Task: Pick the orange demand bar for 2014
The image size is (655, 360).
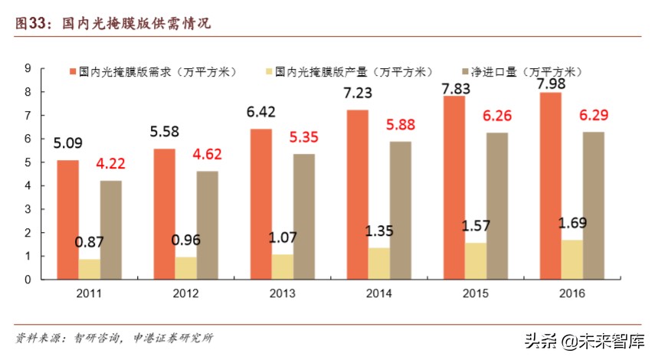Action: (x=356, y=195)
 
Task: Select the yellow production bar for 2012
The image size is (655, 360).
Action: (x=185, y=268)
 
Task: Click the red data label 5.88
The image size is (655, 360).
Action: (x=401, y=123)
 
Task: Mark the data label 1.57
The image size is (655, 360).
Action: (x=476, y=226)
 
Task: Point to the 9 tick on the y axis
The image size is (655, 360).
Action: (x=28, y=68)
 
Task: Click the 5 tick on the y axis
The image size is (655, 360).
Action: (x=28, y=162)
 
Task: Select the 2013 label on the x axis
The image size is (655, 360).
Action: (x=283, y=294)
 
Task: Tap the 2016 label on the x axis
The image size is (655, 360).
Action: (x=571, y=294)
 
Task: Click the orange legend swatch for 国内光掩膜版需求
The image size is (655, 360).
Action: (x=73, y=71)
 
